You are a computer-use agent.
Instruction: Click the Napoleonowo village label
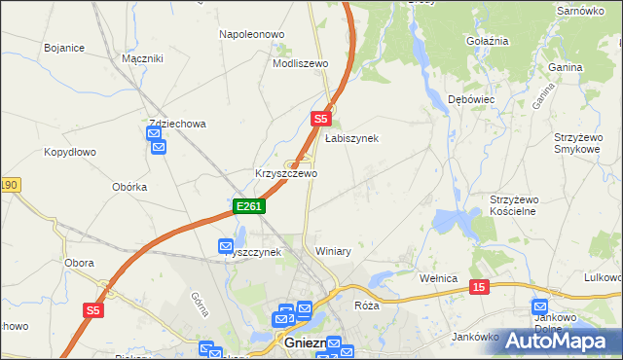click(x=251, y=34)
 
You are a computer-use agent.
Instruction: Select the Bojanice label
click(x=64, y=47)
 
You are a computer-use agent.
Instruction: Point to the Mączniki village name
click(x=142, y=58)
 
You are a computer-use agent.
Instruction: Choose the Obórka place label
click(x=129, y=187)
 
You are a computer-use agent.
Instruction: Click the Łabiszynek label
click(x=351, y=138)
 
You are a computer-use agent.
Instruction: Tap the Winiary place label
click(x=333, y=251)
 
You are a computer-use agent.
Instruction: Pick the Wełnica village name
click(x=438, y=278)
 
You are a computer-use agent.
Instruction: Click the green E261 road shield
click(x=248, y=206)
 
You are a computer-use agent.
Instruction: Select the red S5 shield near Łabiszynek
click(x=322, y=119)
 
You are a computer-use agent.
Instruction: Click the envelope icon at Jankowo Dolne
click(x=543, y=307)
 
